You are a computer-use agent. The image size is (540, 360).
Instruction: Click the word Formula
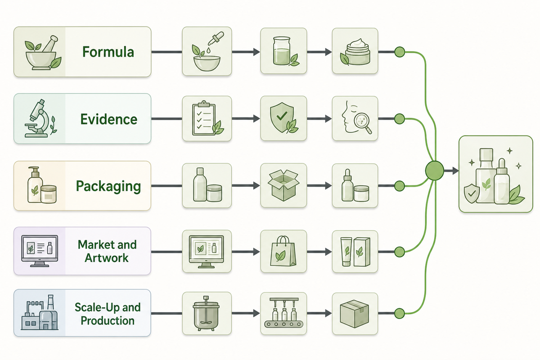point(108,52)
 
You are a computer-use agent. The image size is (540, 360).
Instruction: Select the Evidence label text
point(109,119)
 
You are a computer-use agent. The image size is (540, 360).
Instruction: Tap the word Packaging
point(108,186)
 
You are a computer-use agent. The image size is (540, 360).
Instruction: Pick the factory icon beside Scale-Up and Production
point(40,312)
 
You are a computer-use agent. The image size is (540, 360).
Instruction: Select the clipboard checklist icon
point(207,118)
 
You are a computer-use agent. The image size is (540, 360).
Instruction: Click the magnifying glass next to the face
point(364,123)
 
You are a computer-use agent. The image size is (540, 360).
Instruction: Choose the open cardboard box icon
point(283,185)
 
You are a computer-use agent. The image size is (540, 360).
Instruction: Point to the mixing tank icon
point(206,313)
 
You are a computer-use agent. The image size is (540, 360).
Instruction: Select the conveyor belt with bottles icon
point(284,313)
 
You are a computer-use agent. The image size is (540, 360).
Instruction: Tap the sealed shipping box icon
point(355,314)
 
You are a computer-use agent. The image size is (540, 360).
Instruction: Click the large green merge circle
point(434,171)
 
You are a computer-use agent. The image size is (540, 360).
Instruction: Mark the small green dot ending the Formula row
point(400,52)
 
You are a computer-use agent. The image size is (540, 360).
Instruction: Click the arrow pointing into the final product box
point(451,171)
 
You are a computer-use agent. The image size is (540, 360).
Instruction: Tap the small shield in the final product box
point(472,193)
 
